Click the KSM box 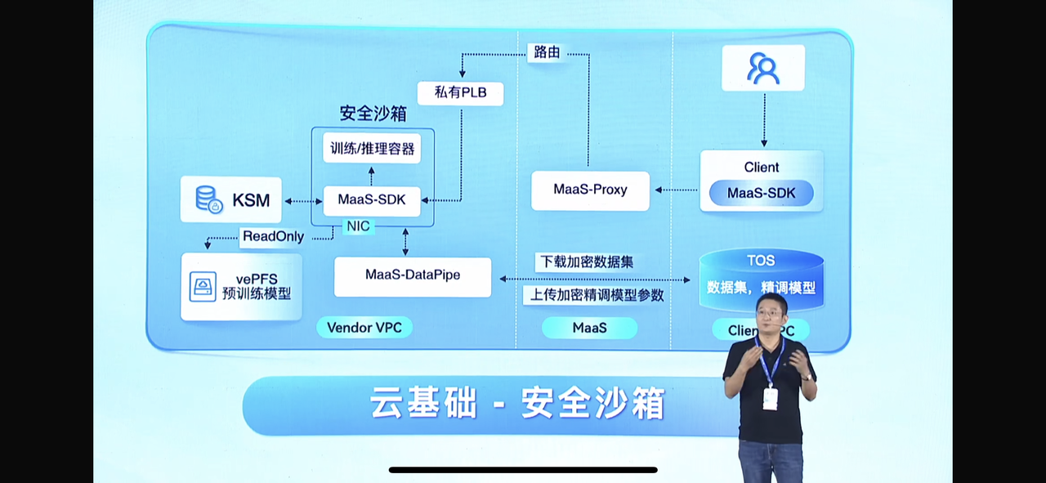[230, 199]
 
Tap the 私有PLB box [460, 92]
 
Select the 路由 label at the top [547, 52]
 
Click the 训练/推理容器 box [372, 149]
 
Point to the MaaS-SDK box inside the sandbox [372, 199]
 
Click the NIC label [358, 226]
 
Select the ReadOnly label [273, 237]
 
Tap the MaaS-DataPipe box [413, 276]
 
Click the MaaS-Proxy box [590, 190]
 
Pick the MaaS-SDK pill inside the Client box [761, 194]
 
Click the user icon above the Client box [763, 68]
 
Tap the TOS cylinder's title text [761, 261]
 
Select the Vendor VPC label [364, 328]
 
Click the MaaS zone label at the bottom [589, 328]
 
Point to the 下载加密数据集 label [586, 262]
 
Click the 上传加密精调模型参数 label [597, 295]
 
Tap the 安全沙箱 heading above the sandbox [373, 113]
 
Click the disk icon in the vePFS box [203, 286]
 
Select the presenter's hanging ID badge [770, 398]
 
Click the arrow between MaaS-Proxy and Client [676, 190]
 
